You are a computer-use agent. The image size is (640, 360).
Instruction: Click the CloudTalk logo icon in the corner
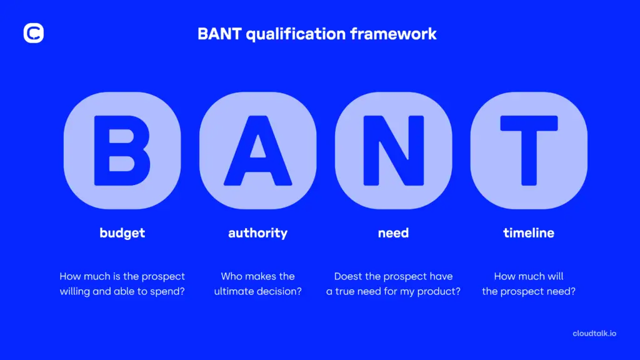pos(34,33)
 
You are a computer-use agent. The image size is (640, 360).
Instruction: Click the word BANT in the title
pos(219,34)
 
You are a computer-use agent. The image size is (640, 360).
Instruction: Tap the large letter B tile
pos(122,151)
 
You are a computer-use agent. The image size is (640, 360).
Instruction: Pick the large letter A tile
pos(257,151)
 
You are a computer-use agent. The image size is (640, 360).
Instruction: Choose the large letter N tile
pos(393,151)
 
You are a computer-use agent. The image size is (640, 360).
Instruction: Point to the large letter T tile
pos(529,151)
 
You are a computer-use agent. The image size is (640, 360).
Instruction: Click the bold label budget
pos(122,233)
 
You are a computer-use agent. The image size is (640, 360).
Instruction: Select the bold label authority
pos(257,233)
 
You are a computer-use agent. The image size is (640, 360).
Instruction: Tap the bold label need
pos(393,233)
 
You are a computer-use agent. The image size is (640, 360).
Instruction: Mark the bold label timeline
pos(529,233)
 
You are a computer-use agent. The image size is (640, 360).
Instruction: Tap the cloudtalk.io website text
pos(594,334)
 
